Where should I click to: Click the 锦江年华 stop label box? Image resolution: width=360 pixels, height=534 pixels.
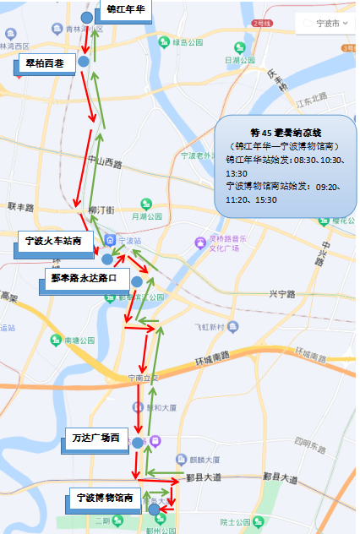click(127, 10)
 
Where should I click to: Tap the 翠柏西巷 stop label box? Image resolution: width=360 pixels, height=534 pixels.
click(45, 64)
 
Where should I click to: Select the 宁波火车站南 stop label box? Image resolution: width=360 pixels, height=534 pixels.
click(52, 242)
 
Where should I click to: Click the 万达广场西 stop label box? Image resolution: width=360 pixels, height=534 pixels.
click(101, 439)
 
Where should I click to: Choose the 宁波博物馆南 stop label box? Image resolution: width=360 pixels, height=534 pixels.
click(103, 499)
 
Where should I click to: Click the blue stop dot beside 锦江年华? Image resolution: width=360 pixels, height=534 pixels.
click(86, 18)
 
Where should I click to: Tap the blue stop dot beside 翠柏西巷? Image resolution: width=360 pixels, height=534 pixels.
click(84, 62)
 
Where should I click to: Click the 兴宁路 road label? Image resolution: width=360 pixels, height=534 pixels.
click(285, 293)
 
